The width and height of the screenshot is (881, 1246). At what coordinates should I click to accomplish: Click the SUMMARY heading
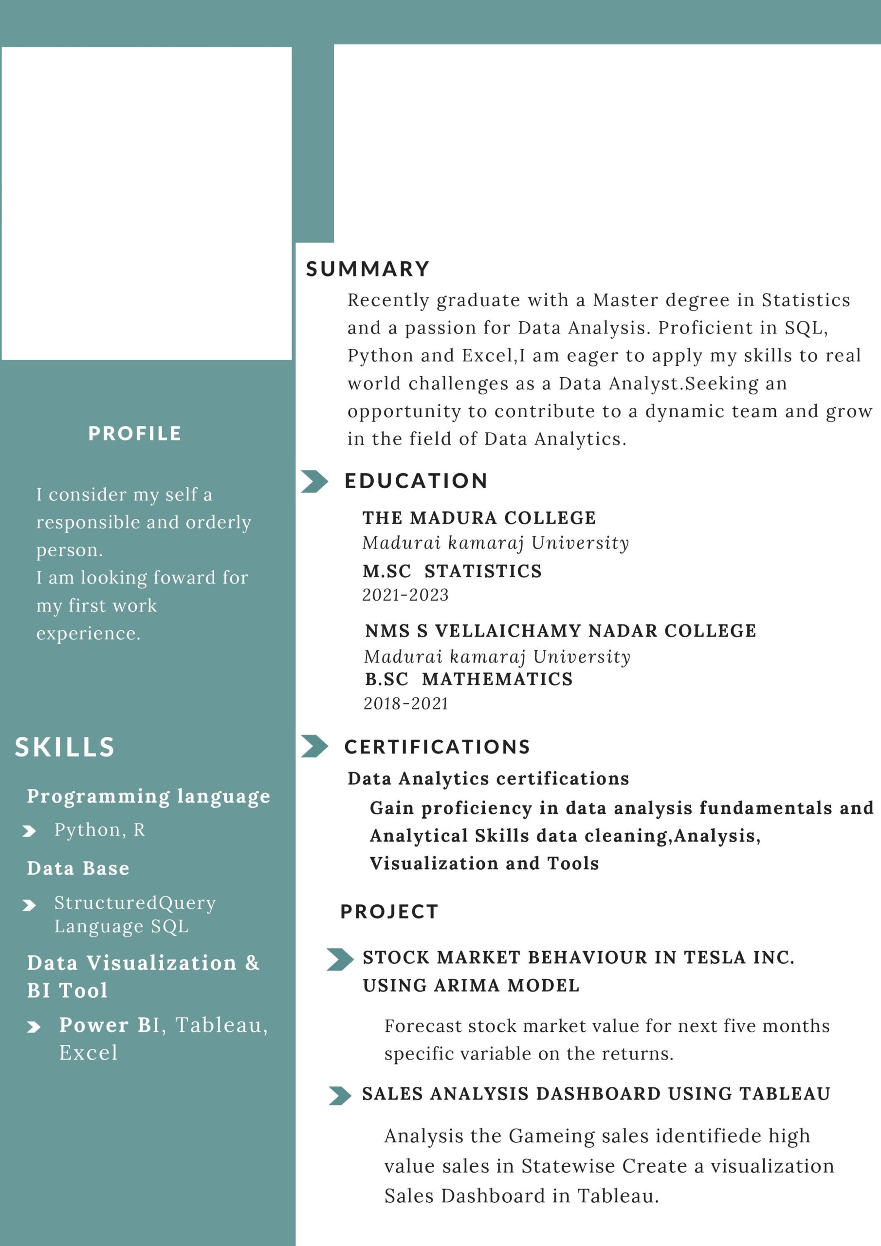click(367, 269)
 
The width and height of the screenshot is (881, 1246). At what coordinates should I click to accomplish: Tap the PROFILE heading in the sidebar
click(135, 434)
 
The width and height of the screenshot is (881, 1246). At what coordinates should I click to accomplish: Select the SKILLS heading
click(65, 747)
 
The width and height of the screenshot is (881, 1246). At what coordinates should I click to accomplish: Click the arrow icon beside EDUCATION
click(314, 481)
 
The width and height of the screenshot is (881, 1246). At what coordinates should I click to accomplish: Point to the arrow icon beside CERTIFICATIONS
click(314, 746)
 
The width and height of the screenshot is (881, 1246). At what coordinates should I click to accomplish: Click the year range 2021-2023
click(405, 595)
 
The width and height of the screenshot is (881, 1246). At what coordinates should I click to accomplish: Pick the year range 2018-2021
click(406, 704)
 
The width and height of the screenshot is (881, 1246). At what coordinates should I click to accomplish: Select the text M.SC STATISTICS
click(452, 571)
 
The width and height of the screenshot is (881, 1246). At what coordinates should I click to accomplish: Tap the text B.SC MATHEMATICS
click(468, 679)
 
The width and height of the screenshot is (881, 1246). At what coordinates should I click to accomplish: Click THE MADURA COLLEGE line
click(479, 518)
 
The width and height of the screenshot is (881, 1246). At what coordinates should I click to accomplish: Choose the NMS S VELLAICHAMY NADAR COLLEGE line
click(560, 631)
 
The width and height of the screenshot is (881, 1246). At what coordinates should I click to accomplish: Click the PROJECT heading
click(388, 912)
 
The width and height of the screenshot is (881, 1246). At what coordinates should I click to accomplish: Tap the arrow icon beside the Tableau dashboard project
click(340, 1096)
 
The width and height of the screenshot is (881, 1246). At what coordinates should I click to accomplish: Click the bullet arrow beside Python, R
click(29, 831)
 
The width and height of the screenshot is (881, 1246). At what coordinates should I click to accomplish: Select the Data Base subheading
click(78, 868)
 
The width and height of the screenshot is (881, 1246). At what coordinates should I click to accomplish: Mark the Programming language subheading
click(148, 796)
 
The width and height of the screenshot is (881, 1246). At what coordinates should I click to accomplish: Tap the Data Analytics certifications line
click(488, 779)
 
